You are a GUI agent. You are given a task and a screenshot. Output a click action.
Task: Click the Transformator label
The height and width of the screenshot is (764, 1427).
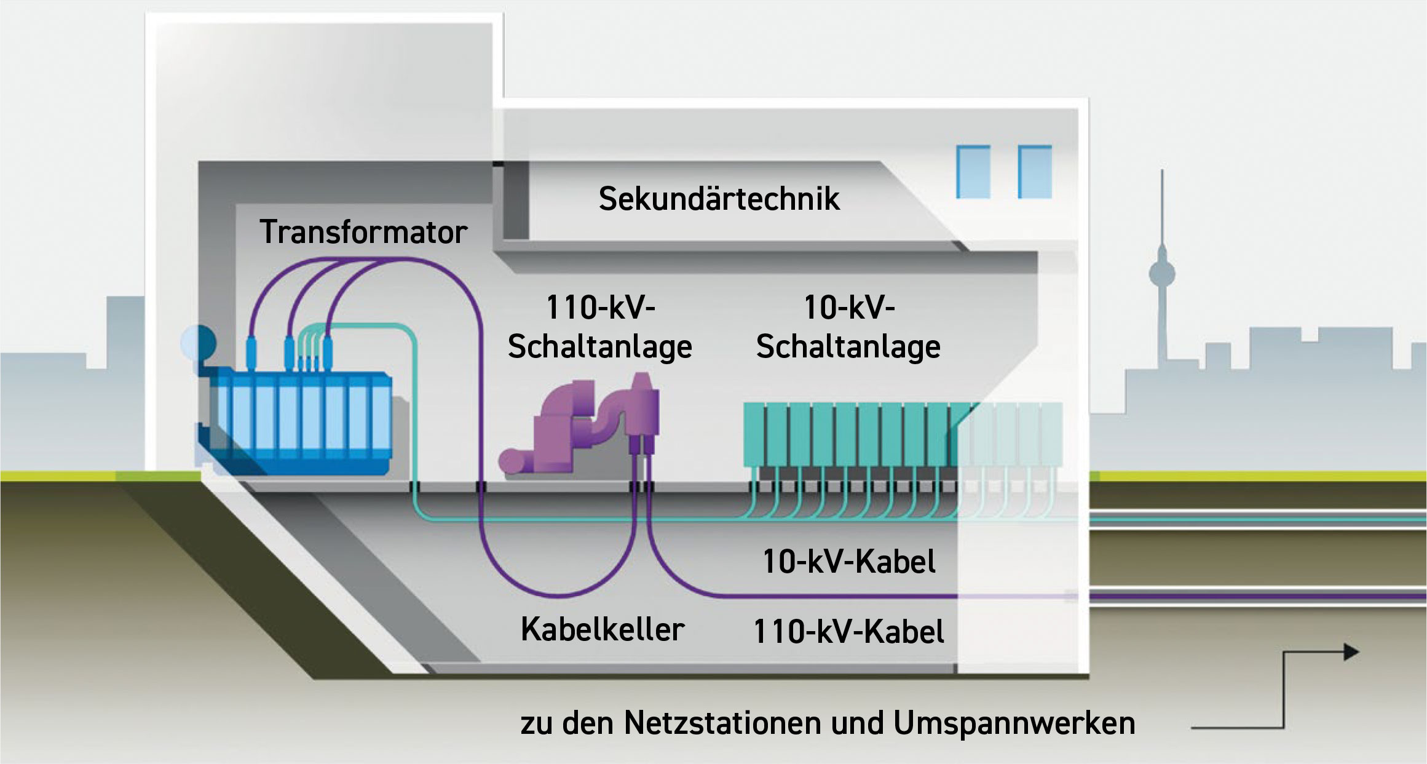point(363,233)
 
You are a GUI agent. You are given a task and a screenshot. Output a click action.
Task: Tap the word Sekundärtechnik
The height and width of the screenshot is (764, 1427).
point(719,199)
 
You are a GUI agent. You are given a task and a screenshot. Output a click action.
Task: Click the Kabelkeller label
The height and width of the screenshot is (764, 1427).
point(603,629)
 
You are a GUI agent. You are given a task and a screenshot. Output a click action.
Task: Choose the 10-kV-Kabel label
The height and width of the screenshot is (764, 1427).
point(849,561)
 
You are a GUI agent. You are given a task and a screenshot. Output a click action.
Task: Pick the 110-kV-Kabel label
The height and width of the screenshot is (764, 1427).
point(849,632)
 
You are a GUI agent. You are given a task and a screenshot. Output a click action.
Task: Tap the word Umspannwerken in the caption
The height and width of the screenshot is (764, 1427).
point(1014,723)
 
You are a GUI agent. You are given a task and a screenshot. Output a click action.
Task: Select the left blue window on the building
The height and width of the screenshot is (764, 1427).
point(973,172)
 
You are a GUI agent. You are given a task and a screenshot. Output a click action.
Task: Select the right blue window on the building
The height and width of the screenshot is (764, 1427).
point(1035,172)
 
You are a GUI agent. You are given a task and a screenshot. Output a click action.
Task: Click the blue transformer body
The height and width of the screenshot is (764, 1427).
point(301,424)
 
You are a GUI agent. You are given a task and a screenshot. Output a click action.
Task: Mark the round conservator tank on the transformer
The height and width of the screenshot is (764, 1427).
point(198,343)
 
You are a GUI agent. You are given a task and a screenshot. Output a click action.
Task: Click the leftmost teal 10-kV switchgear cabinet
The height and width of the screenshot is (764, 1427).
point(754,434)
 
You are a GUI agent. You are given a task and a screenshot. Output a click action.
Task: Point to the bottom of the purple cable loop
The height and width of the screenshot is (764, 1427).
point(559,594)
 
